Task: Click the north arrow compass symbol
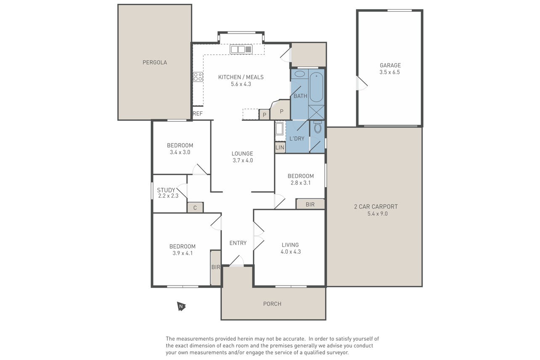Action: (181, 306)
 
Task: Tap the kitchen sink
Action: (241, 49)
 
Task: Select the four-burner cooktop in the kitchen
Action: (198, 77)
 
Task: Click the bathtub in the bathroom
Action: (316, 87)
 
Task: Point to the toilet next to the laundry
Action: (318, 127)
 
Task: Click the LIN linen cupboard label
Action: (280, 147)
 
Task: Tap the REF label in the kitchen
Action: (198, 113)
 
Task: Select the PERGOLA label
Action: (155, 62)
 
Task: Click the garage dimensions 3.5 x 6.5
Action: (389, 72)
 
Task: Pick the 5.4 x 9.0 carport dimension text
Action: (378, 214)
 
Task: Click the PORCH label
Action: (272, 304)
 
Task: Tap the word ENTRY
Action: (238, 243)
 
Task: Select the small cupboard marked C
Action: (195, 207)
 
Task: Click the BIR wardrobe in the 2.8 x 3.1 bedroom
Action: (310, 204)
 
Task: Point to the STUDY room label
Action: (166, 190)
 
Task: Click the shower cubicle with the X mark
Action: (317, 112)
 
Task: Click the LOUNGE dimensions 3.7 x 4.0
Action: (243, 160)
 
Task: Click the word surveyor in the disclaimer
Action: (337, 352)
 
